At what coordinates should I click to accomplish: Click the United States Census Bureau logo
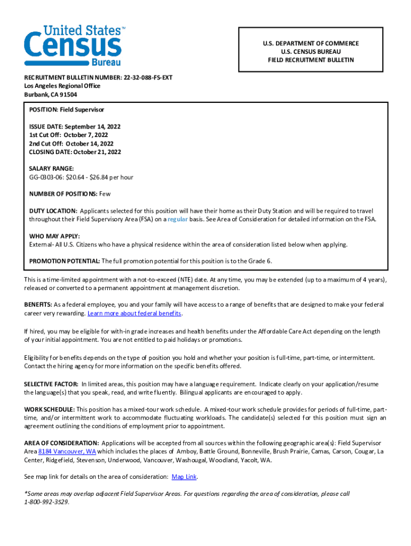[74, 45]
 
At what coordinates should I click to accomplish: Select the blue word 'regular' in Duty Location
[177, 219]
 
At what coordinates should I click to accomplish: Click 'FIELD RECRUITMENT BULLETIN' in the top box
[311, 60]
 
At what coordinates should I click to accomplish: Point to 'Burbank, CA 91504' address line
[50, 94]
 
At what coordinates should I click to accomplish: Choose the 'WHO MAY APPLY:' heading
[54, 236]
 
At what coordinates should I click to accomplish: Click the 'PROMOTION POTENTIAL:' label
[64, 261]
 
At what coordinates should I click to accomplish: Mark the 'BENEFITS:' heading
[37, 305]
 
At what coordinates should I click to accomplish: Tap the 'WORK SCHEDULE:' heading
[50, 409]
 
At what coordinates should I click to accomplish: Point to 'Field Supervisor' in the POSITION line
[82, 109]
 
